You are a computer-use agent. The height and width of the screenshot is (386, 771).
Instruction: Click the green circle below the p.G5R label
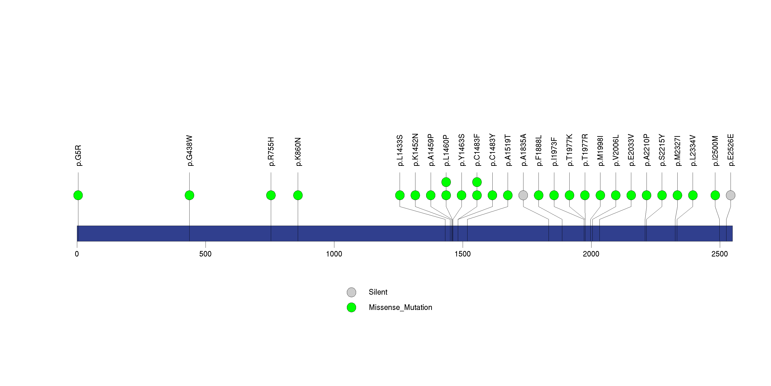pos(78,195)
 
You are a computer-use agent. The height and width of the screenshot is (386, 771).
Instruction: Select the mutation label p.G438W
pos(190,151)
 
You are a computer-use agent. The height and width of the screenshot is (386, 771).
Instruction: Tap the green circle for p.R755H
pos(271,195)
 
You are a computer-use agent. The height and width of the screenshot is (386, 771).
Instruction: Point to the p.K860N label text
pos(298,152)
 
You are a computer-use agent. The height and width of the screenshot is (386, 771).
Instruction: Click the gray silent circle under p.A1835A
pos(523,195)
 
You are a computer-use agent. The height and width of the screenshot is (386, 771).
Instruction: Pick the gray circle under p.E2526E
pos(731,195)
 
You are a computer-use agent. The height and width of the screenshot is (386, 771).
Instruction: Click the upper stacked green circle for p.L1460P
pos(446,182)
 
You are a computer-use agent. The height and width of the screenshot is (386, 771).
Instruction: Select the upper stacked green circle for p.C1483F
pos(477,182)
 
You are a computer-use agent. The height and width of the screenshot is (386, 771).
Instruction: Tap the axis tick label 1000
pos(334,254)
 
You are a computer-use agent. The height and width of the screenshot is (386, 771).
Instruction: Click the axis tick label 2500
pos(720,254)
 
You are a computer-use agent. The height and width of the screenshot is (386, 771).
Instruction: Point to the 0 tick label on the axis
pos(77,254)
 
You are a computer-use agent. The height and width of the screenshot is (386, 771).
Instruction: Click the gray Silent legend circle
pos(351,292)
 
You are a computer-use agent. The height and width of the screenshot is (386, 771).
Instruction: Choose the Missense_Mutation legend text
pos(401,307)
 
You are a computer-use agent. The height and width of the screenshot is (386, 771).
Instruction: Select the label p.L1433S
pos(400,151)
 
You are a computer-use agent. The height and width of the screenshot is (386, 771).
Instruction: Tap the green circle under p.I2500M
pos(715,195)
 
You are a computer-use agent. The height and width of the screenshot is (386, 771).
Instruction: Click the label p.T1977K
pos(570,150)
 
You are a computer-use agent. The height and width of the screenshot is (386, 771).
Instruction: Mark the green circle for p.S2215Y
pos(662,195)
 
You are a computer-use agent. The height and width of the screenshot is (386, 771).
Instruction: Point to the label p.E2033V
pos(631,150)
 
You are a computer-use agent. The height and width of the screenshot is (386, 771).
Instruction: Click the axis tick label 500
pos(205,254)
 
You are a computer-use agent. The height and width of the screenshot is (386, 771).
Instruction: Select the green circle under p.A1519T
pos(508,195)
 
